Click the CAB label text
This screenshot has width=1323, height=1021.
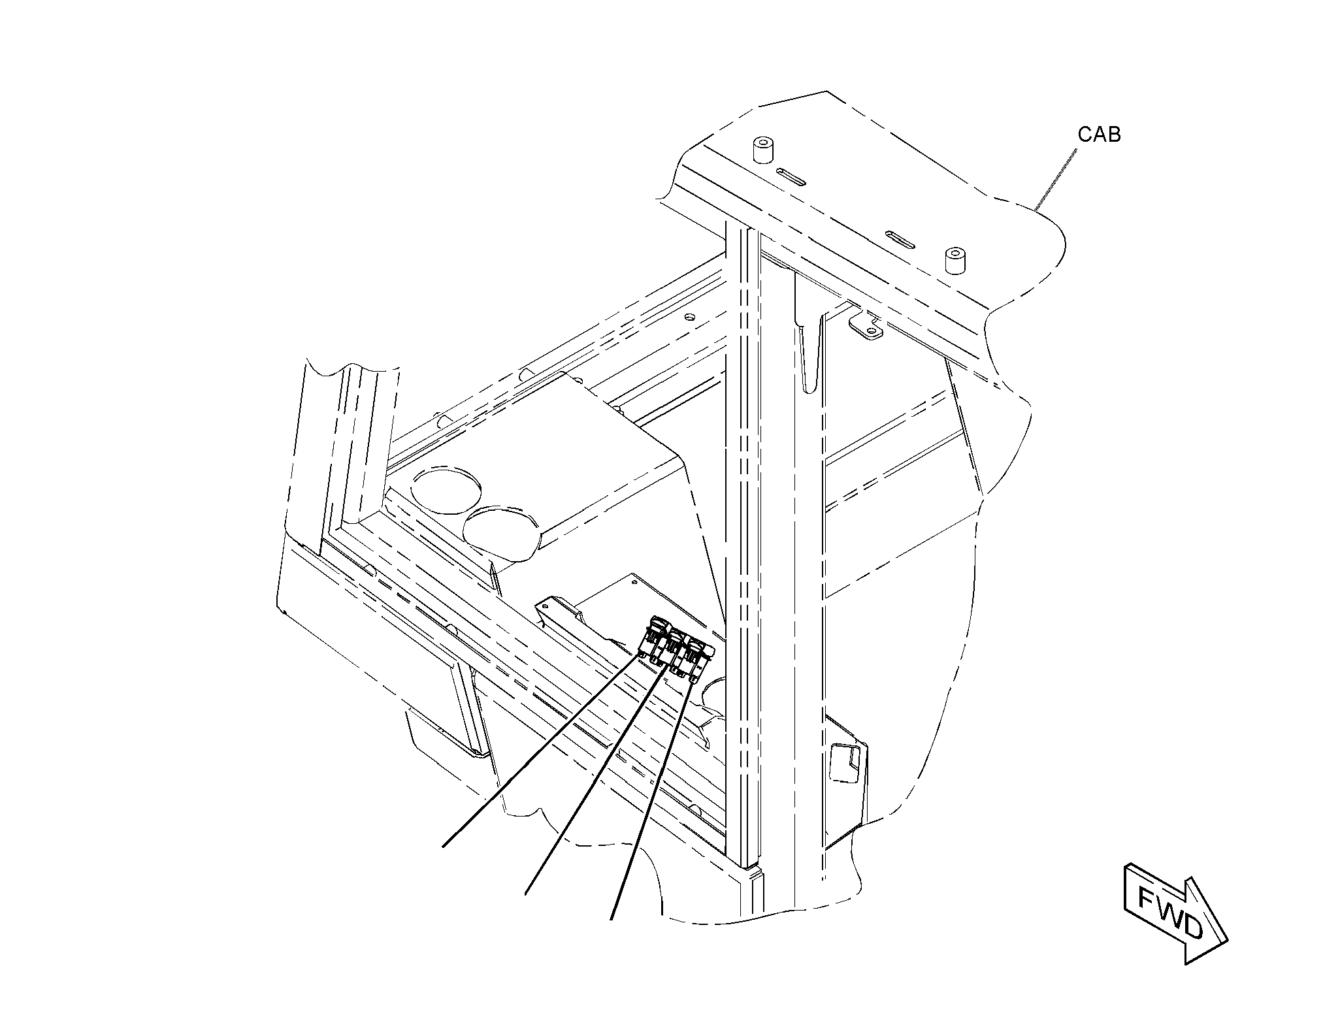point(1099,135)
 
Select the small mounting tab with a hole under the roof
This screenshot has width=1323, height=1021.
point(866,326)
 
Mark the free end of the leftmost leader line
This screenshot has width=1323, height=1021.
point(444,847)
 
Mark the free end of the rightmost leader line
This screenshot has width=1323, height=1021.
point(611,920)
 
